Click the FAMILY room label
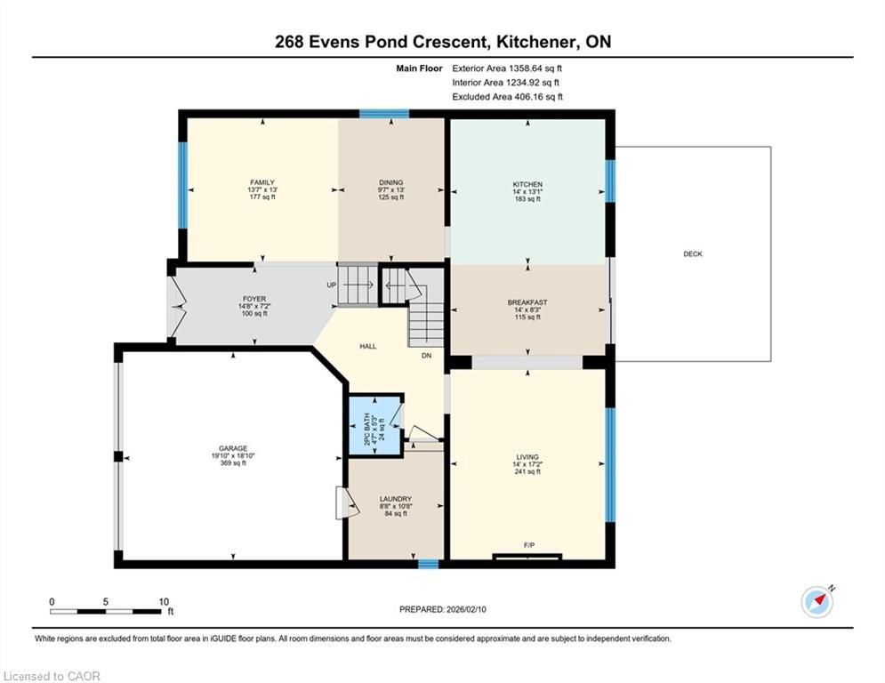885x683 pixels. [x=262, y=182]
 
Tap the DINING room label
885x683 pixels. [x=391, y=182]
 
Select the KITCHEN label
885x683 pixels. [x=527, y=184]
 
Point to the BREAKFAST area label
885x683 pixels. [x=527, y=302]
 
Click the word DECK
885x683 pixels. [x=693, y=254]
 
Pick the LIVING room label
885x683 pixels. [x=527, y=456]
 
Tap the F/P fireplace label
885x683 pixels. [x=529, y=545]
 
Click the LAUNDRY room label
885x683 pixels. [x=396, y=499]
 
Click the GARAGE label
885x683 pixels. [x=233, y=448]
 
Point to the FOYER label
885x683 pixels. [x=254, y=299]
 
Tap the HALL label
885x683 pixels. [x=368, y=347]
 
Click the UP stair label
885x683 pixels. [x=331, y=285]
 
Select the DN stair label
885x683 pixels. [x=426, y=356]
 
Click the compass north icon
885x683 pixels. [x=817, y=602]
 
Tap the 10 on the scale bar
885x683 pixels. [x=164, y=602]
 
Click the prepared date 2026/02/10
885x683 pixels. [x=466, y=609]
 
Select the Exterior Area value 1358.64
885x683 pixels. [x=527, y=68]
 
